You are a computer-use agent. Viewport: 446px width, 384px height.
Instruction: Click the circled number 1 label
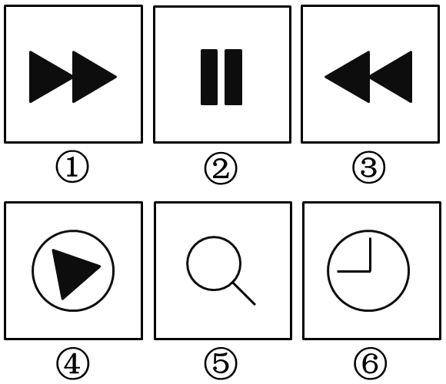72,167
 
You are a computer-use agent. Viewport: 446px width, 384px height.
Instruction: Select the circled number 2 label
221,168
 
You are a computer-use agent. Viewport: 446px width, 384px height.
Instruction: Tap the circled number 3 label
369,167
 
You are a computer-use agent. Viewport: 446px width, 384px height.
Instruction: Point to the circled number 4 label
72,363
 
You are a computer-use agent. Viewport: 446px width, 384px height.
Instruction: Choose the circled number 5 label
221,363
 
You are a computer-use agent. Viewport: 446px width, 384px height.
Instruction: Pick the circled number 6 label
371,363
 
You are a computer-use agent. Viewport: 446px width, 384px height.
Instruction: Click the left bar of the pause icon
209,78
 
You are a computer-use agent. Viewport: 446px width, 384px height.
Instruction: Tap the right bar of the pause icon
234,78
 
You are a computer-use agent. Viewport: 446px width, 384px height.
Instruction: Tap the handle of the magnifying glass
244,293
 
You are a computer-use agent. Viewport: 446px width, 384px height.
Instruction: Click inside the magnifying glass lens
214,263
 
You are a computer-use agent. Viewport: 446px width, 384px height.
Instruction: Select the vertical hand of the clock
371,254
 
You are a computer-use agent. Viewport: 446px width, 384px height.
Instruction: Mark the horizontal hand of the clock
354,272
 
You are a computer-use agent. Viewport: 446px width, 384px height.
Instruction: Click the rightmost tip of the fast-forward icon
117,77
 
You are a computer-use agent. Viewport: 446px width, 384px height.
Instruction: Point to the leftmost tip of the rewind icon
325,77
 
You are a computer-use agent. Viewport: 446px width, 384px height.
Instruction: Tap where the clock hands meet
371,272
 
